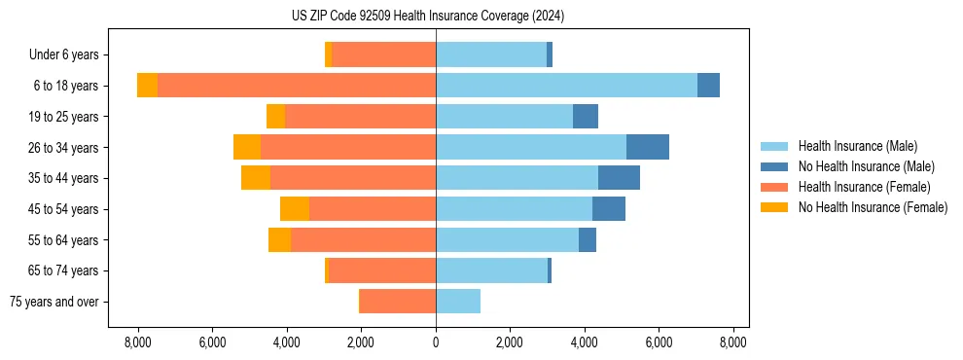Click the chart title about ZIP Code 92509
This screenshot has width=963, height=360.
[x=428, y=17]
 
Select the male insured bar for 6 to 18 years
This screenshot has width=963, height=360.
[x=566, y=86]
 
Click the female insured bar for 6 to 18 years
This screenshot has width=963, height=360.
[x=297, y=86]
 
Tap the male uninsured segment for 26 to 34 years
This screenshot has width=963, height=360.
[x=648, y=147]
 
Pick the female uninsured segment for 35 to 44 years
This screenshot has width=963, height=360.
[x=256, y=178]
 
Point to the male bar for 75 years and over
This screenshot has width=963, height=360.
[x=458, y=302]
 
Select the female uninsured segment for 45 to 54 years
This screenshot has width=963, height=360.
[x=295, y=209]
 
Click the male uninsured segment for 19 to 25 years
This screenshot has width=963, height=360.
[x=586, y=117]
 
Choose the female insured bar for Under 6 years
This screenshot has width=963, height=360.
[x=383, y=54]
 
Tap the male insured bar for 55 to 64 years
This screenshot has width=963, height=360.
[x=507, y=240]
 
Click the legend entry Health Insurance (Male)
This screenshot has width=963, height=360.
[x=857, y=146]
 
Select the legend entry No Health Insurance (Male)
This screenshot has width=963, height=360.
[x=866, y=166]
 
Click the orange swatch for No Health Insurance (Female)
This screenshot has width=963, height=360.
[x=774, y=207]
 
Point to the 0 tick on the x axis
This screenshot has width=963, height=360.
[x=436, y=342]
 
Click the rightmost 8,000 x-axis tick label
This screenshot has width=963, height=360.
[x=732, y=342]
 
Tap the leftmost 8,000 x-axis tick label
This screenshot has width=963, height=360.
[x=137, y=342]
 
